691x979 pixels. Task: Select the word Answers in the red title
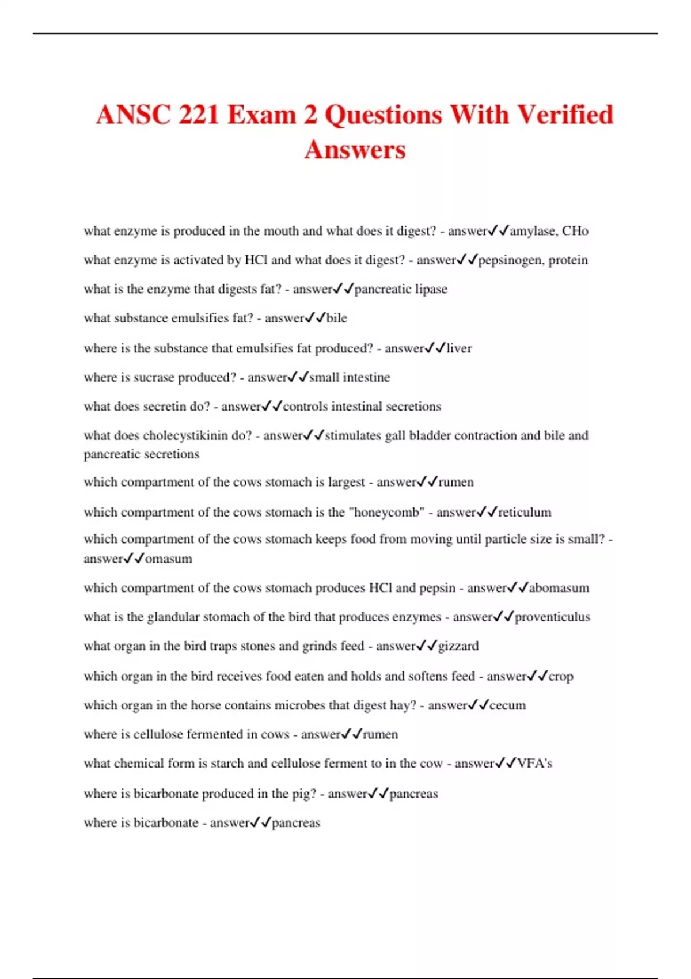355,149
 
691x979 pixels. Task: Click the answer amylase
533,231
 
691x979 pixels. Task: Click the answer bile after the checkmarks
337,318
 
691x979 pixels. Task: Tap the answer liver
459,348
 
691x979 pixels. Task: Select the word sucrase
154,377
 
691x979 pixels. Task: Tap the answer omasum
168,559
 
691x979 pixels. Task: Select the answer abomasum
559,588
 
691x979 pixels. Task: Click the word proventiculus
552,617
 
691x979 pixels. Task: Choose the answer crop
560,676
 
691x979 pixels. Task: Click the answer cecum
507,705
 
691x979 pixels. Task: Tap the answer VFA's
534,764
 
